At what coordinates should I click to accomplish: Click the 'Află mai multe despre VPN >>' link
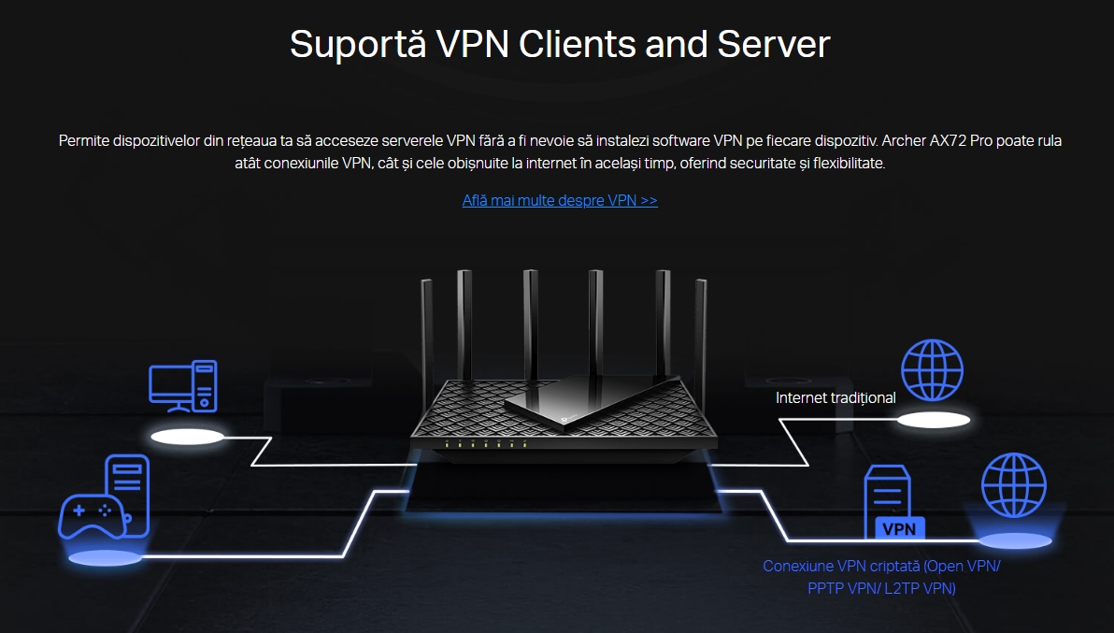tap(560, 200)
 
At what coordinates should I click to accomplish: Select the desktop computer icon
tap(183, 385)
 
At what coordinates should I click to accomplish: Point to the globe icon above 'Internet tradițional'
tap(932, 370)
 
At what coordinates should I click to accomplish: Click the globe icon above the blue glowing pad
tap(1013, 485)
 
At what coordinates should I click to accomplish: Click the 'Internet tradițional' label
tap(835, 397)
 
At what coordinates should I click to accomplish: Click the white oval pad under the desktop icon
tap(189, 437)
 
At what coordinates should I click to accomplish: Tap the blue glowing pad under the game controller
tap(105, 558)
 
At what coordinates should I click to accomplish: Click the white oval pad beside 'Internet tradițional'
tap(934, 420)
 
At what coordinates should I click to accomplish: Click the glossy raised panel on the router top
tap(589, 397)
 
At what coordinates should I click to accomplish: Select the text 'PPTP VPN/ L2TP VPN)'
tap(881, 589)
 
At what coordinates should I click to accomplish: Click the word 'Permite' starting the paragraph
tap(82, 141)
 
